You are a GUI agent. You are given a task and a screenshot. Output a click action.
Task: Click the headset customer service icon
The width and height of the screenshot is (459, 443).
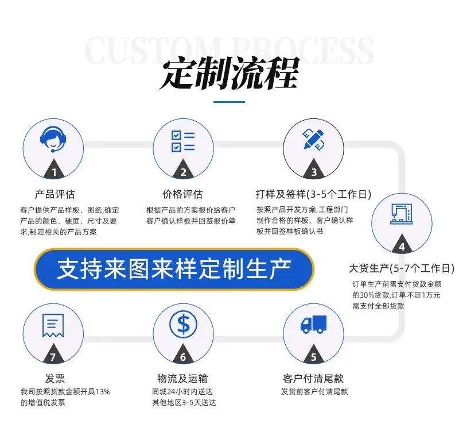(53, 139)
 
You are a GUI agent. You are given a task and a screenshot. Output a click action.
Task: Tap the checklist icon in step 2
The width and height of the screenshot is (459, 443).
(183, 141)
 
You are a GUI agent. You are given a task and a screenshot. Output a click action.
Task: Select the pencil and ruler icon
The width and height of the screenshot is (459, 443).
(313, 139)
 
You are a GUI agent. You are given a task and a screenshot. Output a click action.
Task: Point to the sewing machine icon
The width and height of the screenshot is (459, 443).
(401, 214)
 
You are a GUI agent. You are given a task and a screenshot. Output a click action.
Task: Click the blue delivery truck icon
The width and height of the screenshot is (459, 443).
(313, 325)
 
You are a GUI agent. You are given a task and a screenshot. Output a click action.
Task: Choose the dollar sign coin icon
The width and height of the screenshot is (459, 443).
(183, 325)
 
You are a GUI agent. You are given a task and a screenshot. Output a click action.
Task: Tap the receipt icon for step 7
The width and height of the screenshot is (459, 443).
(53, 325)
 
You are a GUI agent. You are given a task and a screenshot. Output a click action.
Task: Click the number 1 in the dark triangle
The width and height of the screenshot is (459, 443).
(54, 172)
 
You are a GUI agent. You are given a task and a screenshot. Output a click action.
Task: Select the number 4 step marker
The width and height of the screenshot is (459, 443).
(402, 247)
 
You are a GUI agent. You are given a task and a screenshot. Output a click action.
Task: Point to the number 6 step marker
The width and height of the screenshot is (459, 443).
(183, 357)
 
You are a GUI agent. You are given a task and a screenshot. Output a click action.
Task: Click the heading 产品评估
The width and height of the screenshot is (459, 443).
(55, 194)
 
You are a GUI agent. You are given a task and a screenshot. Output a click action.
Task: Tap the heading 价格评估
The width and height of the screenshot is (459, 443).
(182, 194)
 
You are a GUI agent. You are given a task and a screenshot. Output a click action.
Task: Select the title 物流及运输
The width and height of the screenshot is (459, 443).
(182, 379)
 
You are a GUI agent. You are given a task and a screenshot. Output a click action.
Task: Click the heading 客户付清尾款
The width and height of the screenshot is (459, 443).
(313, 379)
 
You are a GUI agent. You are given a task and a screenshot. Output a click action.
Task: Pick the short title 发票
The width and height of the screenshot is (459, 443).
(55, 379)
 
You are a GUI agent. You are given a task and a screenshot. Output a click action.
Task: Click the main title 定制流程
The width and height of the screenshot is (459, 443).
(229, 73)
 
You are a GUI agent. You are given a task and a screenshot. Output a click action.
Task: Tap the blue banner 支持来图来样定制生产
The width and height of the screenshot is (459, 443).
(174, 269)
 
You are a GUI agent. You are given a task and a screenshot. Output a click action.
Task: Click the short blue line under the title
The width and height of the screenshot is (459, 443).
(229, 102)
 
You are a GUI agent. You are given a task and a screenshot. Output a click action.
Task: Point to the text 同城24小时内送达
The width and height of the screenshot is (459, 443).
(182, 392)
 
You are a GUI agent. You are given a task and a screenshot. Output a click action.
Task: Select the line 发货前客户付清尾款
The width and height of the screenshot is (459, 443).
(314, 392)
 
